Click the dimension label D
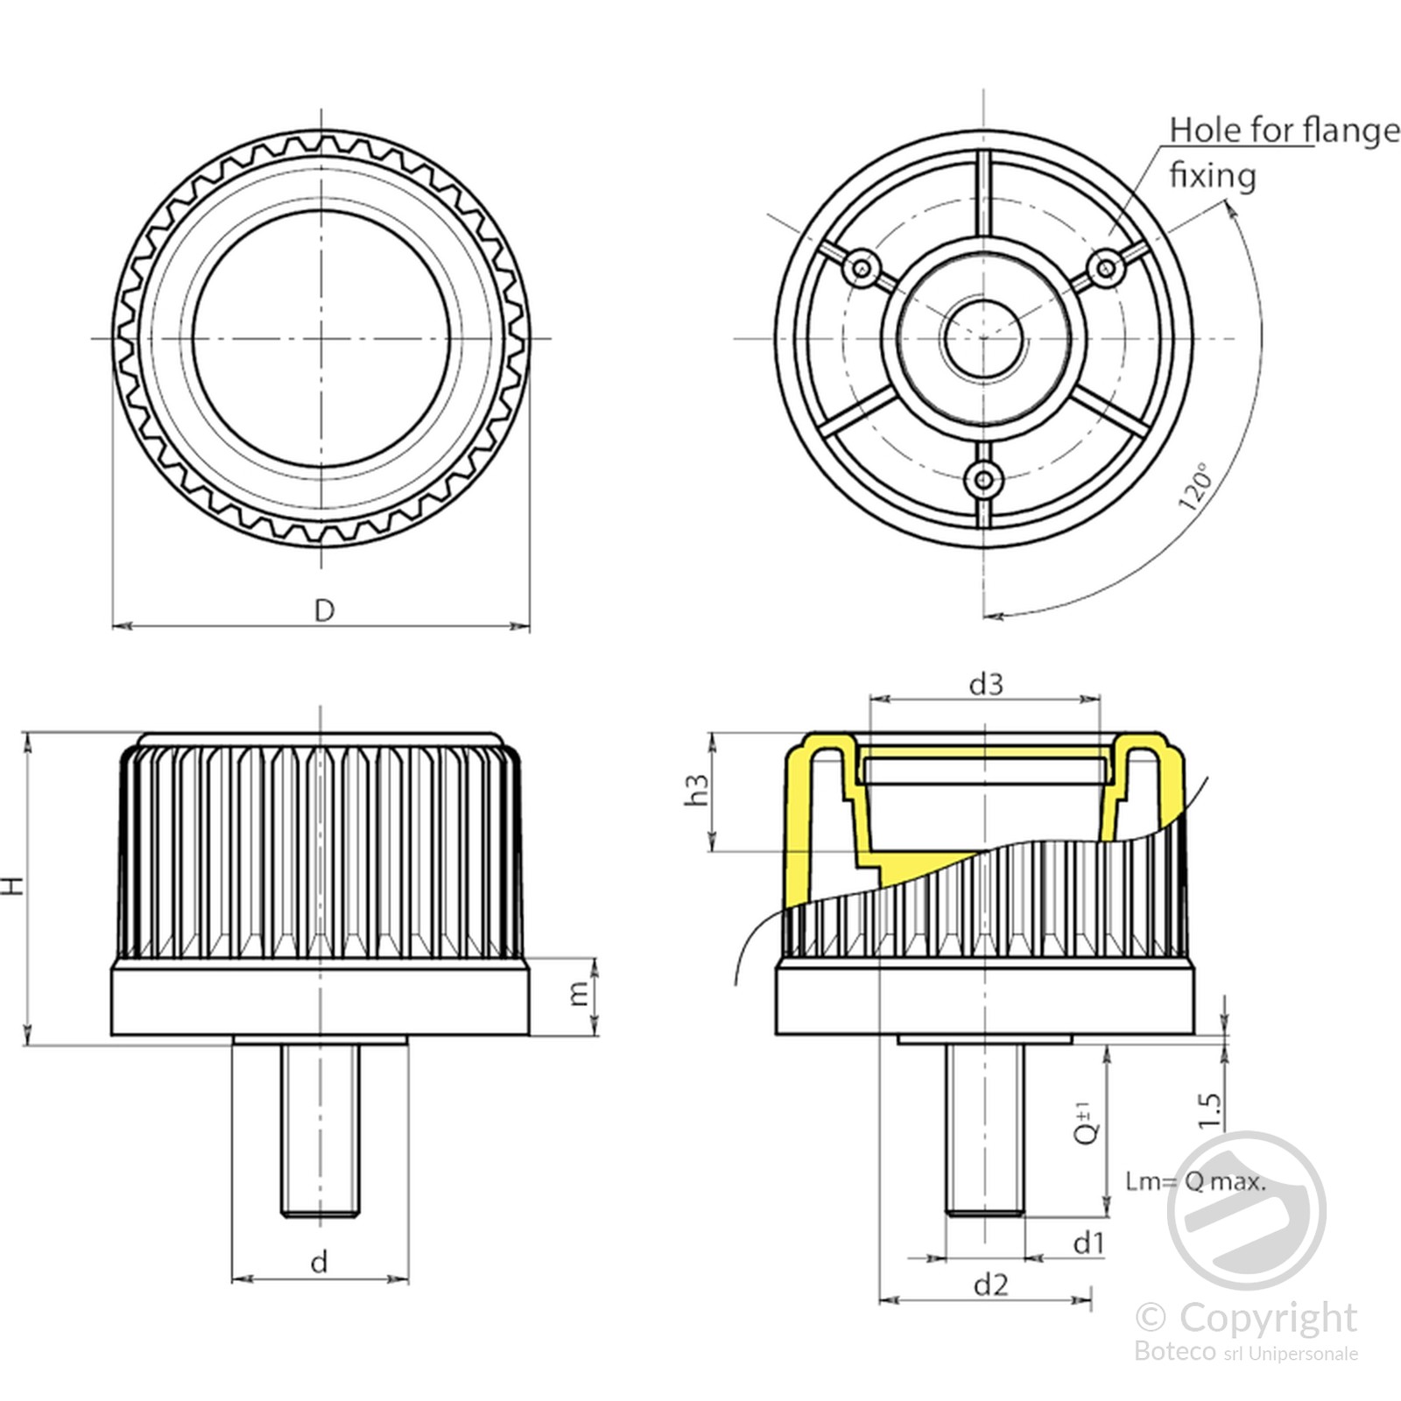(x=324, y=610)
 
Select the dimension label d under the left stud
(x=320, y=1262)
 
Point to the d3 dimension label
(x=986, y=684)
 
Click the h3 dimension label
(x=698, y=790)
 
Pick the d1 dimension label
(x=1088, y=1243)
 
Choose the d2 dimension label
(x=990, y=1285)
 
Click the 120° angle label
(x=1196, y=487)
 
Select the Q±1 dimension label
(x=1087, y=1123)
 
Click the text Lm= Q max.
(x=1195, y=1182)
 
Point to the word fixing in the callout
(x=1213, y=176)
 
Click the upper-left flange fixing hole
(x=862, y=266)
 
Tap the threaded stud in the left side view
(x=320, y=1130)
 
